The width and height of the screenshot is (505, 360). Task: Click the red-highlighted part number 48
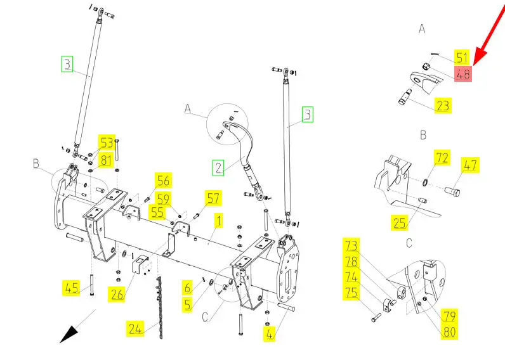[463, 73]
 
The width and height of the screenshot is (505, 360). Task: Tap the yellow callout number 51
[462, 57]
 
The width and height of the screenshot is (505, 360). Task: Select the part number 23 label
[443, 105]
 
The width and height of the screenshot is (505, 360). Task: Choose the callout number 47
[470, 166]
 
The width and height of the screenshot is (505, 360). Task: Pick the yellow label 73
[351, 245]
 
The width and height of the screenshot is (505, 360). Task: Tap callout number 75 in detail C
[351, 292]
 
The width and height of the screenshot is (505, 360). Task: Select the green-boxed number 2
[218, 167]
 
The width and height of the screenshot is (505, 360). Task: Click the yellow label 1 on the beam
[218, 221]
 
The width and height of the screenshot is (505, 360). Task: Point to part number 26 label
[117, 294]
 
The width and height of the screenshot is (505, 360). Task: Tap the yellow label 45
[72, 288]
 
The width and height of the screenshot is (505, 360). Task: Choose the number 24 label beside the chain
[135, 328]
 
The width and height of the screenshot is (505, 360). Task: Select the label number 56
[164, 181]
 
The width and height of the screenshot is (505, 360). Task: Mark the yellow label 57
[213, 197]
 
